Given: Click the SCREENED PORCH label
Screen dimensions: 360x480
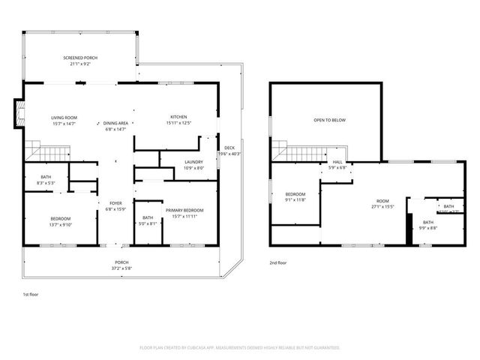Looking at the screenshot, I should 79,58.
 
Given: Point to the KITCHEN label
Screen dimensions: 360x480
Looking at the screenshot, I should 178,118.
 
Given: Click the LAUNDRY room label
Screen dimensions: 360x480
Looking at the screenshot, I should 193,162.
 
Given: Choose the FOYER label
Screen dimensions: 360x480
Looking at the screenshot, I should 115,203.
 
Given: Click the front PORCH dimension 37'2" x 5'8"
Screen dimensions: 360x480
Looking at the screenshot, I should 121,267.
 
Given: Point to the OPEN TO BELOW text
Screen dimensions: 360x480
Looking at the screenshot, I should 329,120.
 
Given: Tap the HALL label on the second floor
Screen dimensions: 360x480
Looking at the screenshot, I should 337,162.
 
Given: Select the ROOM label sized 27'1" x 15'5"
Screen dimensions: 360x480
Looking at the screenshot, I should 383,201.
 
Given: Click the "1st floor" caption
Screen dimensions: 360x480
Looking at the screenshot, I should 31,295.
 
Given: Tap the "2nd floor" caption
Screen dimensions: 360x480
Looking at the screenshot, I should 278,262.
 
